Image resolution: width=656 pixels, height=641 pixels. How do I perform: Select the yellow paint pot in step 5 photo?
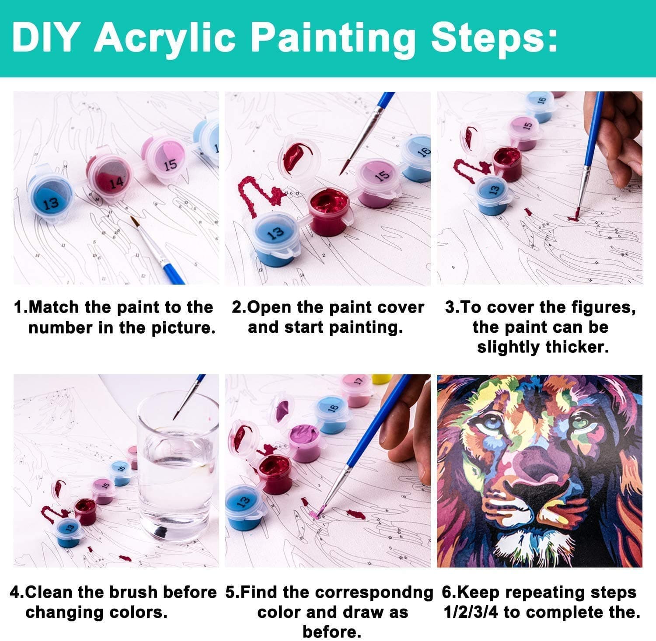tap(381, 379)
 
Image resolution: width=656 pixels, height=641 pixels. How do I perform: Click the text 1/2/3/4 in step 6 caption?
tap(471, 613)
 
